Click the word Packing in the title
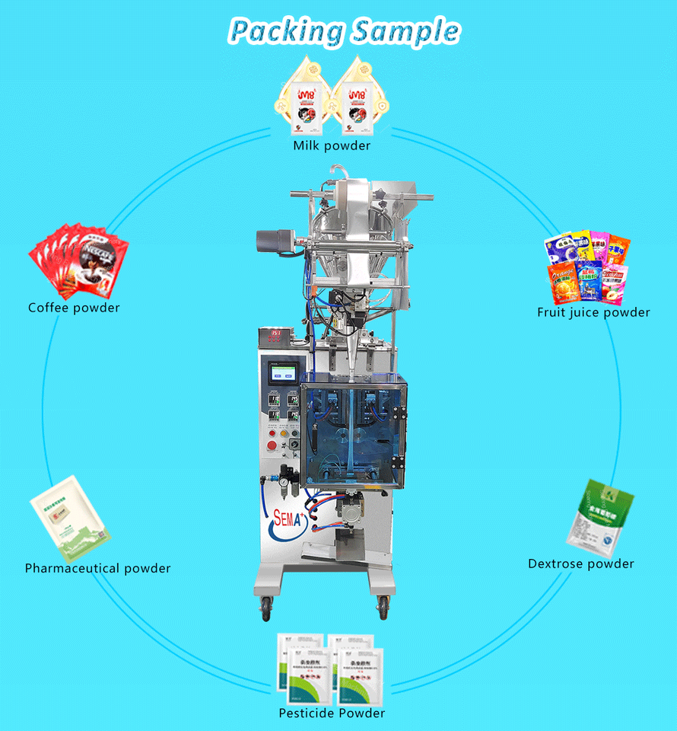[284, 31]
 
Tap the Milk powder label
[332, 145]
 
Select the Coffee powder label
[74, 308]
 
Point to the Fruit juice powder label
[593, 312]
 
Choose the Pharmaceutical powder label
[97, 568]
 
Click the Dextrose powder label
[581, 563]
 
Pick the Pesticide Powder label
[332, 713]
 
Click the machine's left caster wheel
[266, 606]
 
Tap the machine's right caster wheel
[383, 606]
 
